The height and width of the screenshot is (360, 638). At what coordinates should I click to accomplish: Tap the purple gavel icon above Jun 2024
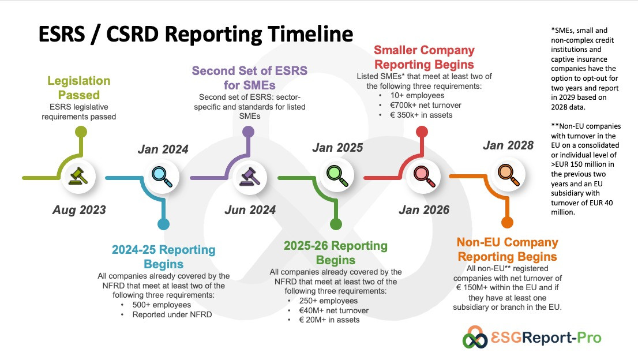click(250, 176)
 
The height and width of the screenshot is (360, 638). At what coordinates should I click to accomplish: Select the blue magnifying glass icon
click(162, 177)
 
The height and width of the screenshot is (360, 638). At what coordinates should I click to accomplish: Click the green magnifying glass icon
click(337, 176)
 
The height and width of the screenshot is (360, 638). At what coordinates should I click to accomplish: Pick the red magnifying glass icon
click(424, 177)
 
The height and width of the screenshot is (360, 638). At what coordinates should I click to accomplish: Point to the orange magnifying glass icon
click(509, 175)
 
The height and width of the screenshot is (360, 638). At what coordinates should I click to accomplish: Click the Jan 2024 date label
click(163, 149)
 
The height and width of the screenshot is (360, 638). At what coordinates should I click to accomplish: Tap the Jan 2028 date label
click(508, 145)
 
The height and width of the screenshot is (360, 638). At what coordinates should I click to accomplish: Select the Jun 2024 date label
click(250, 210)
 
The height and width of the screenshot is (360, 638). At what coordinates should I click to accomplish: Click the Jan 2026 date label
click(424, 210)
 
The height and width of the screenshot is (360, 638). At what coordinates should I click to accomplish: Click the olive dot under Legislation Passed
click(81, 132)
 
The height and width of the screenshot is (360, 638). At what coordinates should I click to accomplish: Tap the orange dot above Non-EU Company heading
click(507, 223)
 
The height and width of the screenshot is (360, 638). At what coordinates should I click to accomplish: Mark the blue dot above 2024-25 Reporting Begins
click(163, 224)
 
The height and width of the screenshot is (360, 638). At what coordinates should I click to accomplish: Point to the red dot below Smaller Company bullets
click(422, 132)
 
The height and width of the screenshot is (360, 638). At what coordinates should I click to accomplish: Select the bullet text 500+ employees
click(162, 305)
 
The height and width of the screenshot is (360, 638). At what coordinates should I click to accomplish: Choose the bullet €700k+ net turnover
click(426, 106)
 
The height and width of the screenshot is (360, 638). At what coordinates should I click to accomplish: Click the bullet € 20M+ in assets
click(329, 320)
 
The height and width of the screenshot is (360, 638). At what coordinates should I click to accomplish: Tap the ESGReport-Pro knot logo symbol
click(474, 337)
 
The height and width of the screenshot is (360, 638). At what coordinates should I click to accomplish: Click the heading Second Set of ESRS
click(249, 71)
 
